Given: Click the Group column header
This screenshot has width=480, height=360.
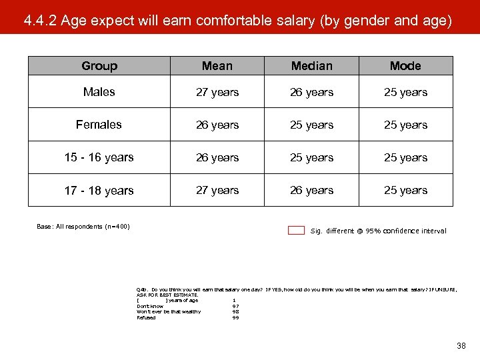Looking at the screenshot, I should point(99,66).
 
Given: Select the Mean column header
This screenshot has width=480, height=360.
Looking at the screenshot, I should point(217,66).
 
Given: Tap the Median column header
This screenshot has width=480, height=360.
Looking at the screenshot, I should point(311,66).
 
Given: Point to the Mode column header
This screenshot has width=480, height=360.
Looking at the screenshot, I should point(405,66).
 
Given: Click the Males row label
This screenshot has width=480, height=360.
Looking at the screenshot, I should point(99,92).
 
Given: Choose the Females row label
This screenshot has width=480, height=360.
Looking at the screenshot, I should point(99,125).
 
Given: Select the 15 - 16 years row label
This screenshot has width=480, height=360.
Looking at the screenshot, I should point(99,157).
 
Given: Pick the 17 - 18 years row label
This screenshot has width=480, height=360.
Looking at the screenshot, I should point(99,191).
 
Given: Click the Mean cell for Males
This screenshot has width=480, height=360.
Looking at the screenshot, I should point(217,92).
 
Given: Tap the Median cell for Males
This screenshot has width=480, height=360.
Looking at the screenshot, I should point(311,92).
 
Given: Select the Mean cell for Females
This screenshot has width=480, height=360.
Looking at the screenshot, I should point(217,125).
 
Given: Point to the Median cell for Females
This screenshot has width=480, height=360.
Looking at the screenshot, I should point(311,125).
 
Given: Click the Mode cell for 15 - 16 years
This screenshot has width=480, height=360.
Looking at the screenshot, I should point(405,157).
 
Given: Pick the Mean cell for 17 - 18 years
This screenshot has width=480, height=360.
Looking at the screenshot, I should point(217,191).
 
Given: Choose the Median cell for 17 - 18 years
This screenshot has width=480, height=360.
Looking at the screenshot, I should point(311,191).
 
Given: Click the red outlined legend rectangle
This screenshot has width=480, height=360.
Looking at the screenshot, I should point(296,231).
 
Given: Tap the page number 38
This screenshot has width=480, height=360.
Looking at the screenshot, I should point(461,346).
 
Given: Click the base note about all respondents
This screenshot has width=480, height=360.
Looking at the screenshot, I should point(83,227).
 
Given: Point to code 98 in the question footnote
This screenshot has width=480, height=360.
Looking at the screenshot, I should point(235,312).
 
